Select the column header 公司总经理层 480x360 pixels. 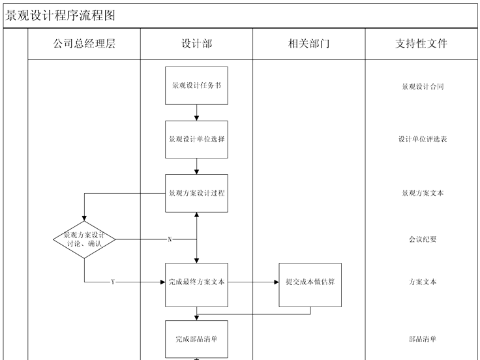click(84, 44)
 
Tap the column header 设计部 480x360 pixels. click(196, 44)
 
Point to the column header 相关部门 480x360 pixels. click(308, 44)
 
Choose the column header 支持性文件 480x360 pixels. click(421, 44)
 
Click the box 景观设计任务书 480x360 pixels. click(196, 85)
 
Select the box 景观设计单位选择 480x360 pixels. click(196, 140)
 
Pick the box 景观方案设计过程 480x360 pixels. click(196, 193)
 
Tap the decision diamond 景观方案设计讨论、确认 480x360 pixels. click(84, 239)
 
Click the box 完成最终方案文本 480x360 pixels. click(196, 282)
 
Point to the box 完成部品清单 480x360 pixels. click(196, 338)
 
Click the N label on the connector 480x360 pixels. click(170, 239)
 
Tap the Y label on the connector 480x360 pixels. click(113, 282)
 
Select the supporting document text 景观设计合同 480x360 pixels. click(423, 86)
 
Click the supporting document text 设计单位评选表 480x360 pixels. click(423, 140)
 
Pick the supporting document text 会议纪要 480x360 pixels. click(423, 239)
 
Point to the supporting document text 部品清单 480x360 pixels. click(423, 338)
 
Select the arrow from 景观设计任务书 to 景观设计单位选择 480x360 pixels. click(196, 112)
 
